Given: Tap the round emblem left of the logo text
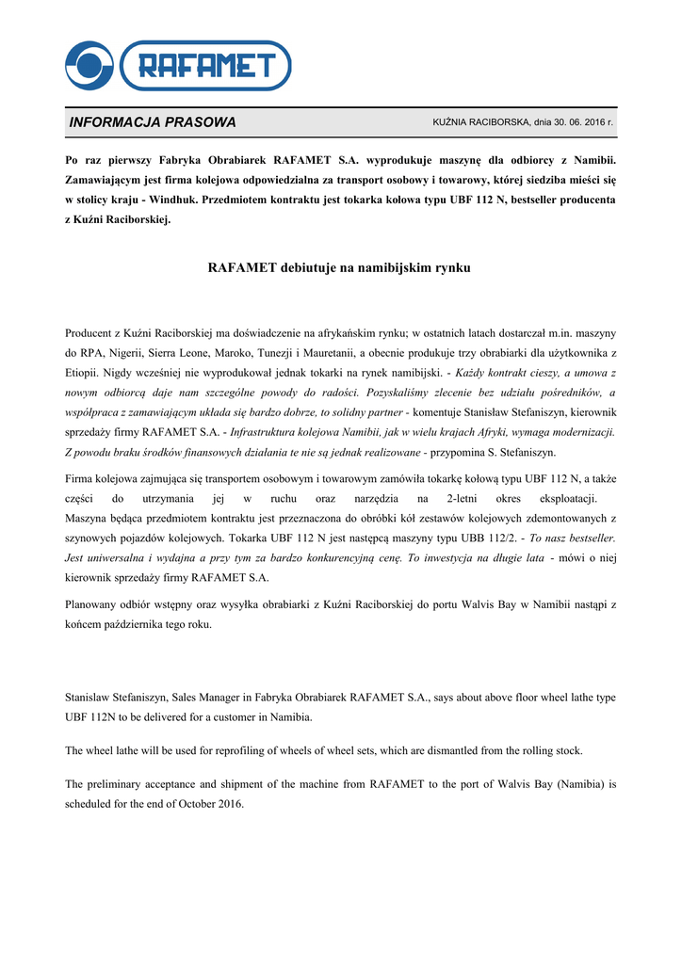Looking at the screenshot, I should pos(89,65).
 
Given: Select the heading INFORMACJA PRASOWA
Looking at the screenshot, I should pos(153,122).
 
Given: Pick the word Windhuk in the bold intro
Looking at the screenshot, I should pos(173,201).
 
